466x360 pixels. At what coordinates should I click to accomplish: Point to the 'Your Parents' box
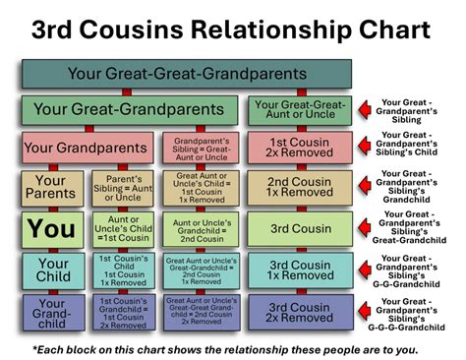51,188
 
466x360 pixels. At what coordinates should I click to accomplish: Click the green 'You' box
51,228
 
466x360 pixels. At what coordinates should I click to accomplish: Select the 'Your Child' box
51,270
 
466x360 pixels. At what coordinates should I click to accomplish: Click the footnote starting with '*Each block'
233,349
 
